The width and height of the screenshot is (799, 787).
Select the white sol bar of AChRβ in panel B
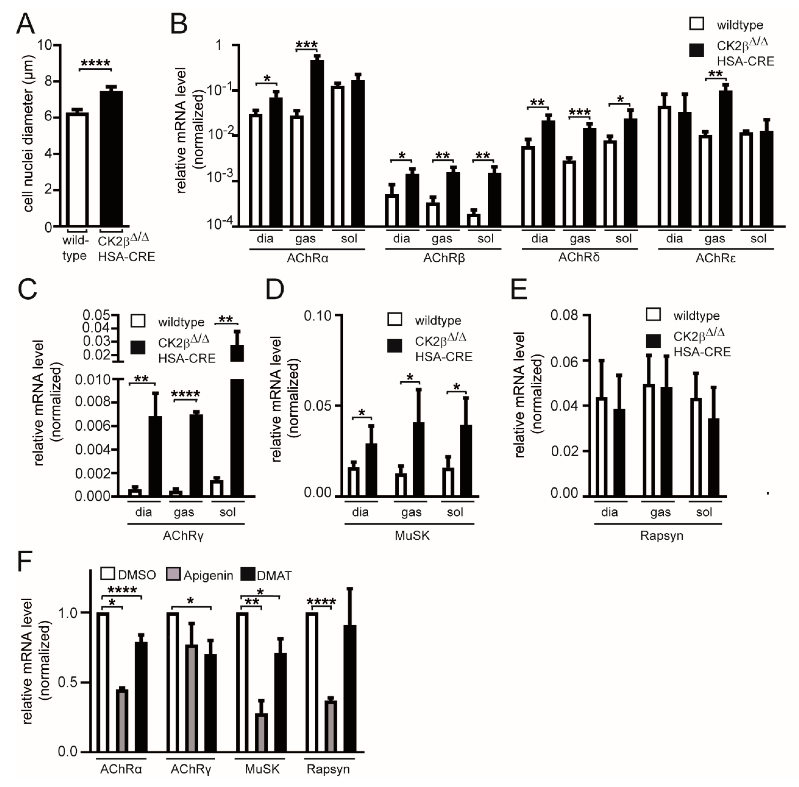(474, 220)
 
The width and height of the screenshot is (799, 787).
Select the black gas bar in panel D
(418, 459)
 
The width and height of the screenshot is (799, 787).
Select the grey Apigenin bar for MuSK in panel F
(261, 733)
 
